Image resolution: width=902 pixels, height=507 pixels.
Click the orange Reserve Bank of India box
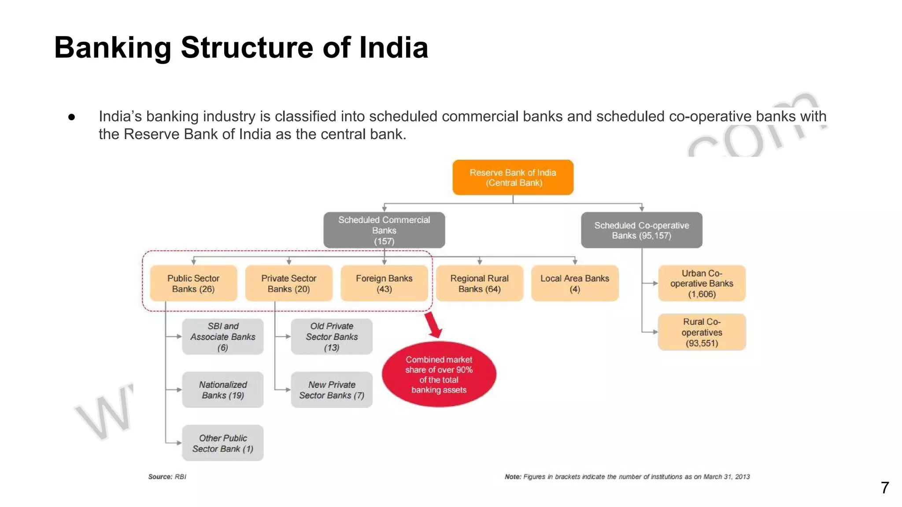pos(513,177)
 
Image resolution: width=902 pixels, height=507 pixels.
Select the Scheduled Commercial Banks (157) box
pos(384,230)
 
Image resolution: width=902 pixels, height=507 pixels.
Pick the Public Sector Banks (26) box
pos(193,283)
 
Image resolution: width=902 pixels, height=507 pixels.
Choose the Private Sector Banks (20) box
pos(288,283)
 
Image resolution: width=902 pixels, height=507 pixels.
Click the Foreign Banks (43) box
pos(384,283)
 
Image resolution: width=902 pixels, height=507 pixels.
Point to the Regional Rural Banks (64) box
pos(479,283)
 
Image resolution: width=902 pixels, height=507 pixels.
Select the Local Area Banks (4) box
pos(575,283)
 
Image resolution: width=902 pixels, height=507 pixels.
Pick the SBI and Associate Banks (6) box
pos(223,337)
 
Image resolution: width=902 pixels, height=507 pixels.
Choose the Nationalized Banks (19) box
pos(223,390)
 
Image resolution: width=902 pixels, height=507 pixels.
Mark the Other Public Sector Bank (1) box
pos(223,443)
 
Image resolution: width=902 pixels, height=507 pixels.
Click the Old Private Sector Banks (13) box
pos(332,337)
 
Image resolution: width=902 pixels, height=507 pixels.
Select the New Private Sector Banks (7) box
pos(332,390)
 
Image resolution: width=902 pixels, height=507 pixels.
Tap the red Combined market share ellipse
pos(439,375)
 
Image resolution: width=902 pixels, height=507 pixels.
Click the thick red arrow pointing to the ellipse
pos(433,325)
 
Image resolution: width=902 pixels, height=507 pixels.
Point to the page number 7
pos(885,488)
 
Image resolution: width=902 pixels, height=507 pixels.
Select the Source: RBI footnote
pos(167,477)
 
